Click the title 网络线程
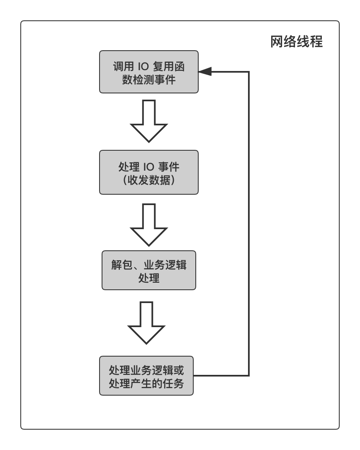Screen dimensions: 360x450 [x=297, y=42]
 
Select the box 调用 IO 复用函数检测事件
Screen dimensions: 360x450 [x=149, y=72]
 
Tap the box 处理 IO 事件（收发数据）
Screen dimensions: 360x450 [x=149, y=172]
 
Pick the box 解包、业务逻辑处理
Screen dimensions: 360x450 [x=149, y=270]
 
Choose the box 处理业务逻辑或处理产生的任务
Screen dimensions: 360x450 [x=146, y=376]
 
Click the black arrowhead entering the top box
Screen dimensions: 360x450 [x=205, y=71]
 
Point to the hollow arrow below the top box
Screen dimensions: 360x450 [x=149, y=121]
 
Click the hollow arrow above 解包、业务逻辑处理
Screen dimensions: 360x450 [x=149, y=225]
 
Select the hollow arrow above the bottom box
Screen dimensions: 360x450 [x=146, y=323]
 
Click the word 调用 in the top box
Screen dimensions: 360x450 [x=123, y=66]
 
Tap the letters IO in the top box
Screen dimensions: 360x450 [x=143, y=66]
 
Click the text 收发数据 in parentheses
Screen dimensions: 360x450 [x=149, y=180]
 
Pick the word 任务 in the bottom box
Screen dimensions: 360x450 [x=173, y=384]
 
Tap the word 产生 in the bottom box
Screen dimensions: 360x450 [x=141, y=384]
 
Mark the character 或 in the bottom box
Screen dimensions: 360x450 [x=179, y=370]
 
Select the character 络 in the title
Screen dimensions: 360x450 [x=290, y=42]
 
